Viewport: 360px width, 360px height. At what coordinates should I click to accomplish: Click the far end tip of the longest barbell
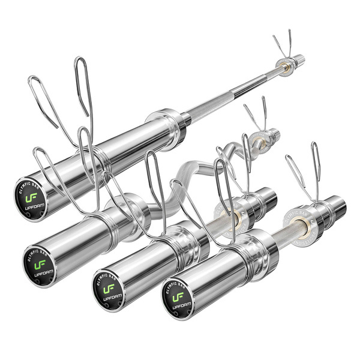point(299,59)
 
